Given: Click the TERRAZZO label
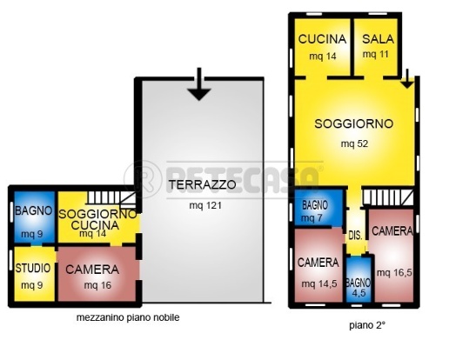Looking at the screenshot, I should click(x=202, y=185).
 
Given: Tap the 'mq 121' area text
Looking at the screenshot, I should click(x=202, y=206).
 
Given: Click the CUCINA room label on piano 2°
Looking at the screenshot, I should click(x=322, y=39).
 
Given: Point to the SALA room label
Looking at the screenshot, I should click(x=378, y=39).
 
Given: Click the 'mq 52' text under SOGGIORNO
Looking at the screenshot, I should click(x=353, y=143).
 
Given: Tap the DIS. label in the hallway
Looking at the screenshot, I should click(x=355, y=235).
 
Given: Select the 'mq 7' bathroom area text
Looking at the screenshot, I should click(x=314, y=217).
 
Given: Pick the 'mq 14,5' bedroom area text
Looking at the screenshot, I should click(x=318, y=283).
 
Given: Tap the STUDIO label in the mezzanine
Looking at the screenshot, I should click(x=33, y=268).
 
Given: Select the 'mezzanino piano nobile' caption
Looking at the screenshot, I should click(x=127, y=318).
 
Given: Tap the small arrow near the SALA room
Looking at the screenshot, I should click(x=406, y=81).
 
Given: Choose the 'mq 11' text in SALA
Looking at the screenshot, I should click(x=376, y=55).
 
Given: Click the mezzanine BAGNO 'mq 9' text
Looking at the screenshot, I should click(x=32, y=234).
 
